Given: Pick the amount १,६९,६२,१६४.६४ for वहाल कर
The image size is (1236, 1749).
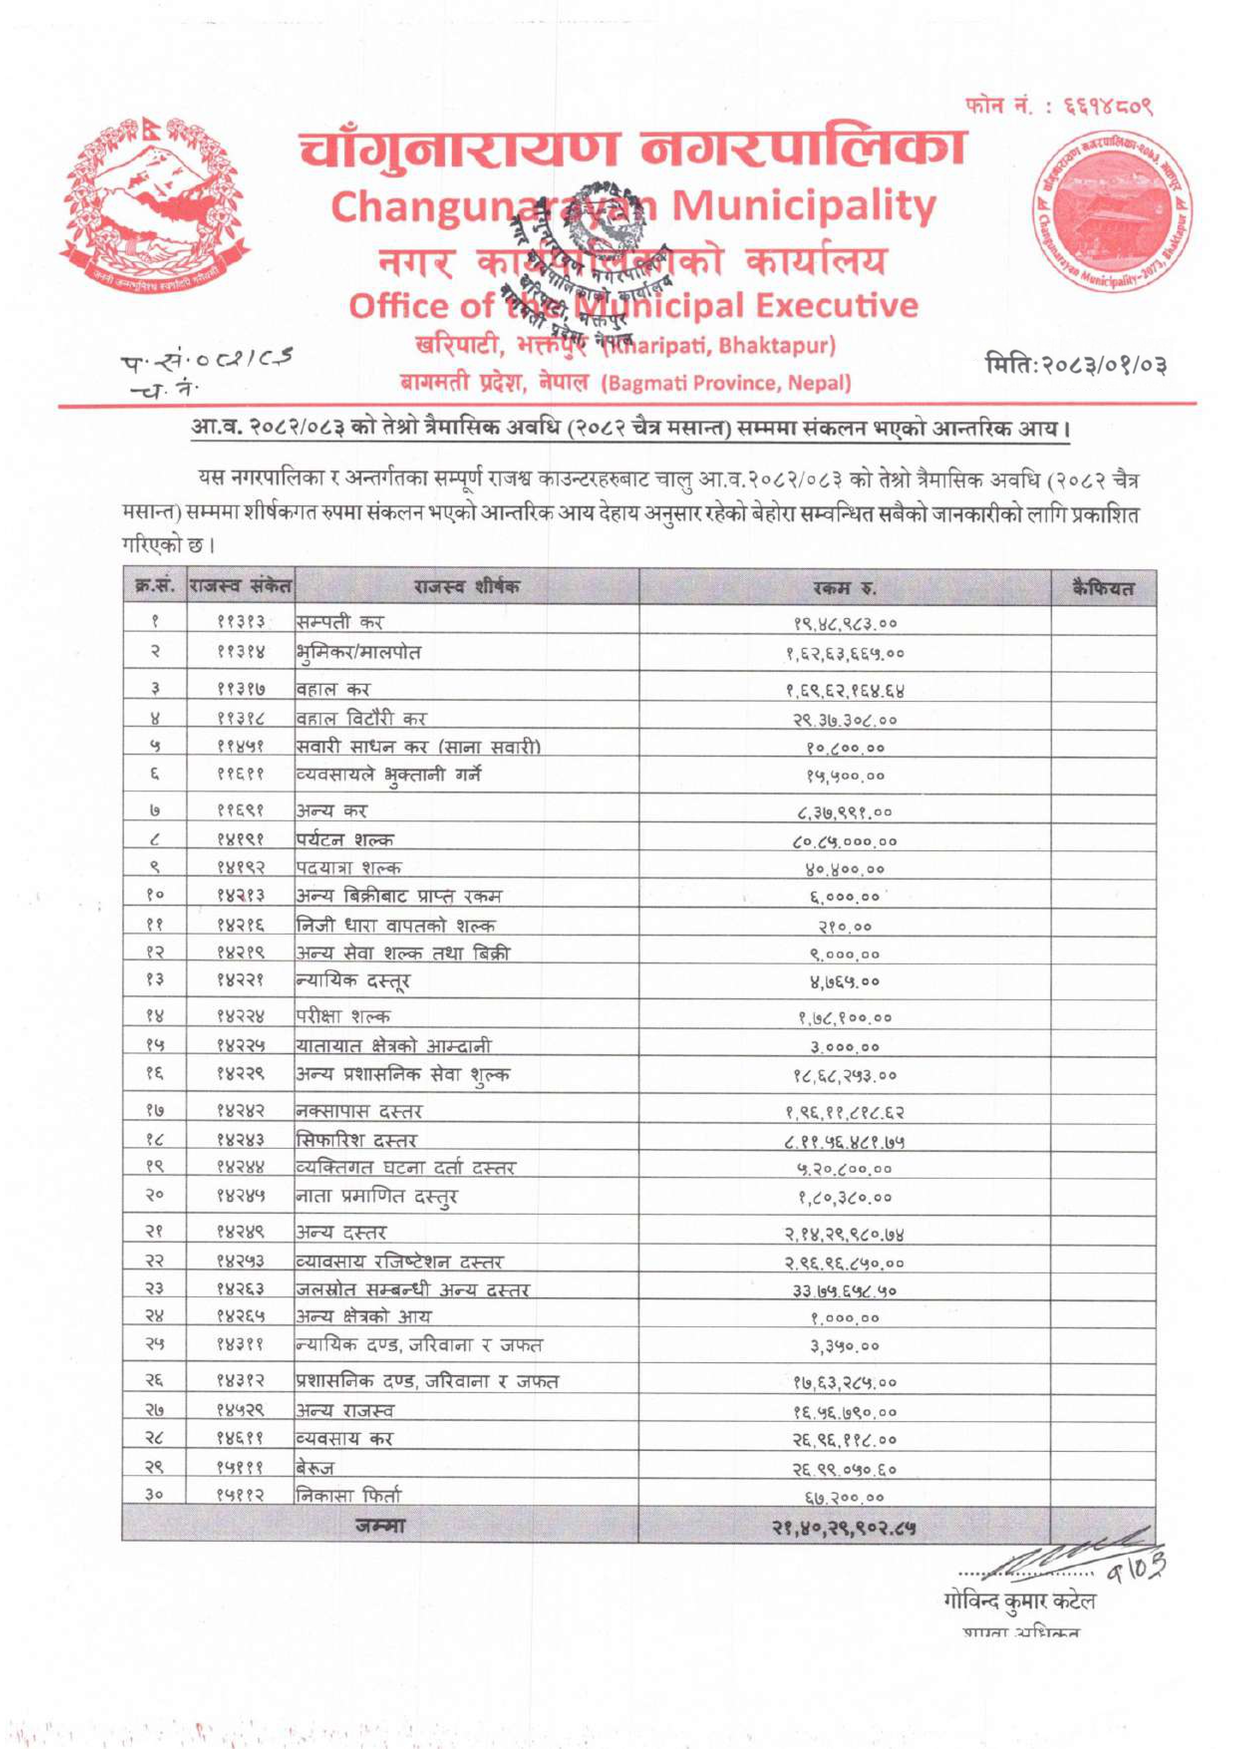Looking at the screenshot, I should (844, 692).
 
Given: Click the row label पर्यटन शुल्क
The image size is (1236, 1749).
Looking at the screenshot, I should (345, 840).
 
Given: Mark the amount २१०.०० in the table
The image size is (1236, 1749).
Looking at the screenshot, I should (844, 927).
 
